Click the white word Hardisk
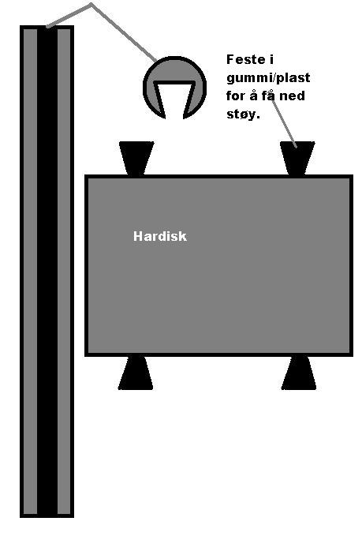click(x=160, y=236)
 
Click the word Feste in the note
click(x=246, y=59)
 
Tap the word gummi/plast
click(x=268, y=78)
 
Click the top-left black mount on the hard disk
click(x=136, y=158)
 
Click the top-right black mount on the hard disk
click(x=297, y=158)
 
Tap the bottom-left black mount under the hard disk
click(x=136, y=373)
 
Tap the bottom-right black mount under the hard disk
click(x=299, y=373)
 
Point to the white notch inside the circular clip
click(x=174, y=100)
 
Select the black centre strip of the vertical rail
click(x=47, y=272)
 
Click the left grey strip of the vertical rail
click(x=30, y=272)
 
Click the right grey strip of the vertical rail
click(x=64, y=272)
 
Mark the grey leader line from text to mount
click(x=285, y=122)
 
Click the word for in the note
click(x=236, y=96)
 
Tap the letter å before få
click(x=253, y=96)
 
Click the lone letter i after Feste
click(x=271, y=59)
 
